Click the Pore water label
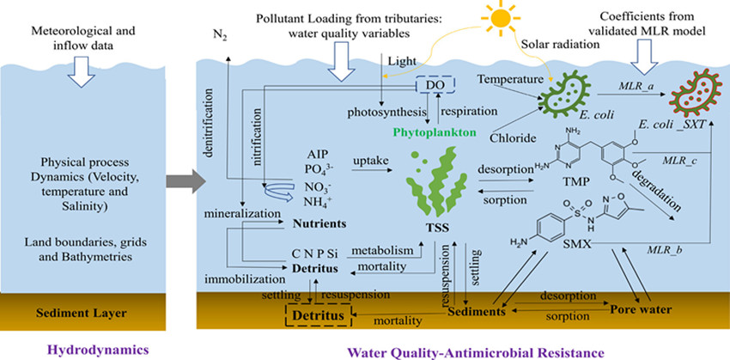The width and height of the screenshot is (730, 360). (x=639, y=305)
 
